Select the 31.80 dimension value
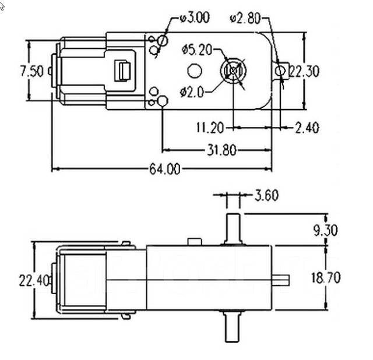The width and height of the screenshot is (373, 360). (221, 150)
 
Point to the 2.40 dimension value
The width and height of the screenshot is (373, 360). (307, 127)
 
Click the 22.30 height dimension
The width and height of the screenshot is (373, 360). (304, 72)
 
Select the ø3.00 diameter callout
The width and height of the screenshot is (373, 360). (194, 17)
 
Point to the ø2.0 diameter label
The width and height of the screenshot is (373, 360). (192, 92)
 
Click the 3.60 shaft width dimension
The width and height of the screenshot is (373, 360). (266, 196)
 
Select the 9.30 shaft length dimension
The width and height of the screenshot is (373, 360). (325, 230)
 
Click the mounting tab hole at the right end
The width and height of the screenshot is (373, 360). (281, 71)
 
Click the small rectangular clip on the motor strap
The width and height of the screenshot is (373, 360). (123, 70)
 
